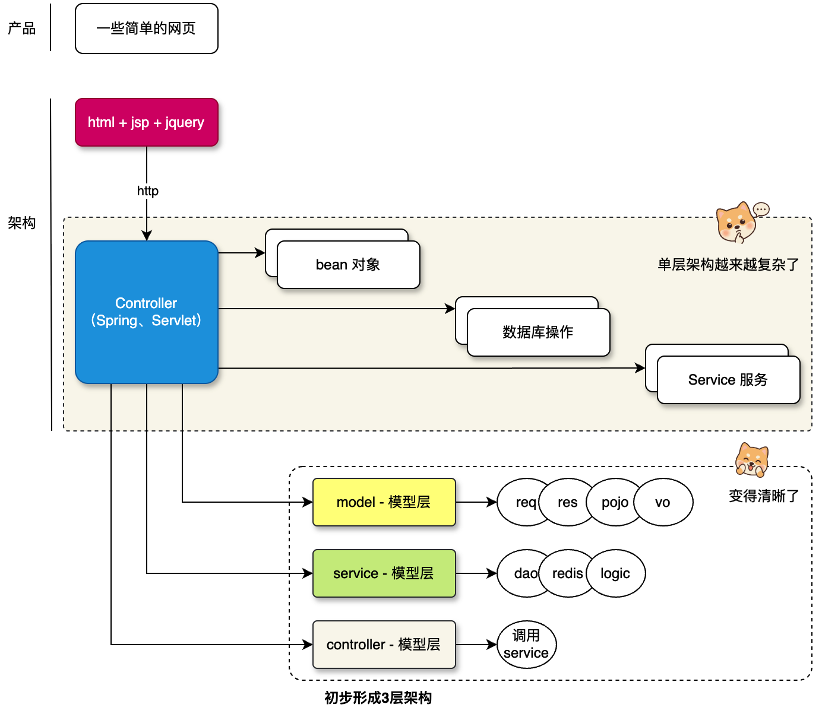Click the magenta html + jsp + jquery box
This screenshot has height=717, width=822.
click(147, 122)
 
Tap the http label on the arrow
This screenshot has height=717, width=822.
click(147, 191)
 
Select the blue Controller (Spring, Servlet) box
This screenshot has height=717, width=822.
click(147, 312)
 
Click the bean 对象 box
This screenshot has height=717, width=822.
click(349, 265)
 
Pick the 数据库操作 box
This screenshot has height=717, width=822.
click(538, 332)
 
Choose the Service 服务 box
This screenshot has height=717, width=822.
click(728, 380)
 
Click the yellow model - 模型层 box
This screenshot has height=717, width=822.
click(384, 502)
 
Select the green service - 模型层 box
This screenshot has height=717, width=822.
click(384, 573)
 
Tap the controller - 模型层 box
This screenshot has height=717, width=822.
click(384, 645)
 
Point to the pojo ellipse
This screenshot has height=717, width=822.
click(615, 502)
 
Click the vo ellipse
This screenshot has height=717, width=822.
click(663, 502)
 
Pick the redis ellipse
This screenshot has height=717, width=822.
click(567, 573)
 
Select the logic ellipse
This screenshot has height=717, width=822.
click(615, 573)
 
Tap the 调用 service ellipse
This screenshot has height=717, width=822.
click(526, 645)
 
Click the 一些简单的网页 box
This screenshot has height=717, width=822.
click(147, 28)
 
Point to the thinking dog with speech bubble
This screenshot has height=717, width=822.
click(739, 223)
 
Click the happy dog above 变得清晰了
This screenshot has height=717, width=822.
click(752, 460)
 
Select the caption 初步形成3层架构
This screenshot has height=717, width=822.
click(378, 698)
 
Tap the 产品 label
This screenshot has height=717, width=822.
click(22, 28)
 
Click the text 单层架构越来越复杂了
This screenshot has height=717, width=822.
click(728, 265)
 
